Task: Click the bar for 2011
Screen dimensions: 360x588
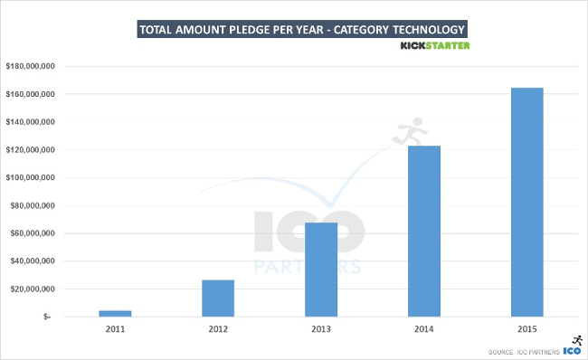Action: [115, 313]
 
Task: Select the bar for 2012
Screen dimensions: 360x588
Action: [218, 298]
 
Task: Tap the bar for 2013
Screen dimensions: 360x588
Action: [321, 269]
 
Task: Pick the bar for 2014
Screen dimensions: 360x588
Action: [424, 231]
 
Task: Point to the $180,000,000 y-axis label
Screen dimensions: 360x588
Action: [32, 66]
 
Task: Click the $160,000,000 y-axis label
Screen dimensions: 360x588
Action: [32, 94]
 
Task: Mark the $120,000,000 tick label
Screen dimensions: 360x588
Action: [32, 150]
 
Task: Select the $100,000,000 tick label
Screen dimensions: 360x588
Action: [32, 177]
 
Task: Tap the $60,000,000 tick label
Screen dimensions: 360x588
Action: [33, 233]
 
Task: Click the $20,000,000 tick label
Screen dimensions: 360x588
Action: [33, 289]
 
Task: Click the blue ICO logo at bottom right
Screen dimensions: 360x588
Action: [572, 349]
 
